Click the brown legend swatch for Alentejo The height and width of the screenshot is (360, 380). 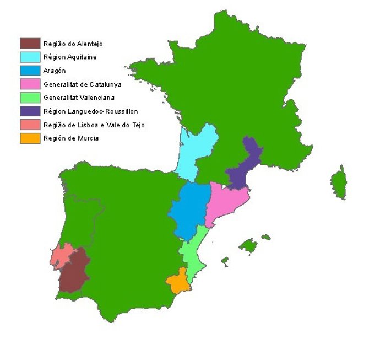coord(30,43)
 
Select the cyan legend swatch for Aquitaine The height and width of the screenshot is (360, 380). coord(30,56)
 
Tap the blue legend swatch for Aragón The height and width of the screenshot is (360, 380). coord(30,70)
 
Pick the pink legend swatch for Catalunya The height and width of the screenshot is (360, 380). coord(30,84)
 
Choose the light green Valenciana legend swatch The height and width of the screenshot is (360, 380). coord(30,98)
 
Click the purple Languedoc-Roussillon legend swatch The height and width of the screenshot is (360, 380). coord(30,111)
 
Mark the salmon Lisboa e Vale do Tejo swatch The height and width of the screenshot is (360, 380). coord(30,125)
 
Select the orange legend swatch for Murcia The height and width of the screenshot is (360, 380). coord(30,138)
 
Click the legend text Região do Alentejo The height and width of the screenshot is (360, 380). coord(73,44)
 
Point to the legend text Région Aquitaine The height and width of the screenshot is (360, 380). coord(70,57)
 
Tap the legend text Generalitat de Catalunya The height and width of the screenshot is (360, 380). coord(82,84)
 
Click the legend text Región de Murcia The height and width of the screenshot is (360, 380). coord(70,138)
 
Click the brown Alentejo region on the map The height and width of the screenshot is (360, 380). coord(74,270)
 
